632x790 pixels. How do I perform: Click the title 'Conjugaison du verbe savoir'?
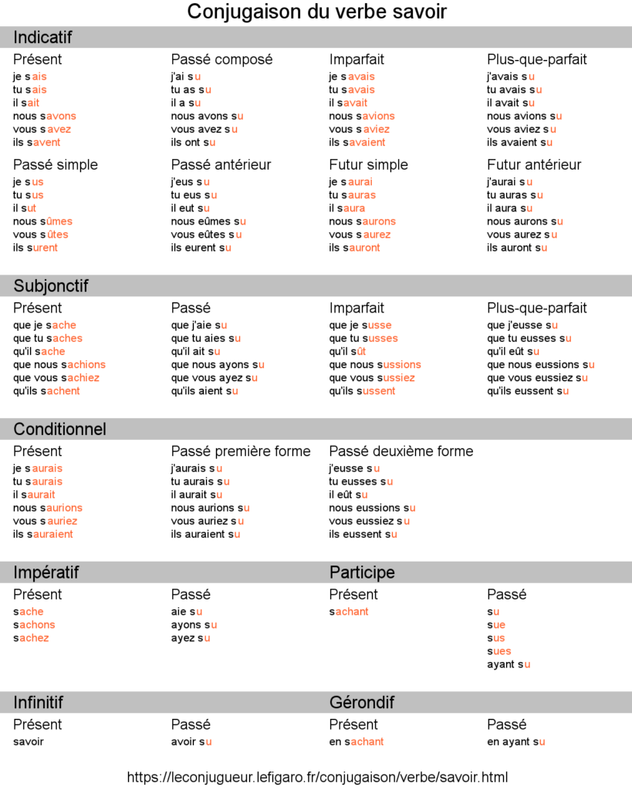(316, 12)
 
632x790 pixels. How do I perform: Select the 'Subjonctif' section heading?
(51, 286)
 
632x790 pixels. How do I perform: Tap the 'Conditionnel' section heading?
(60, 429)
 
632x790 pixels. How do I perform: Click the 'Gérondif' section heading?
(362, 702)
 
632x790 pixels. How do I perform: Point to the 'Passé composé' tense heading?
(221, 59)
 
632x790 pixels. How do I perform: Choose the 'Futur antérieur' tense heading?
(534, 164)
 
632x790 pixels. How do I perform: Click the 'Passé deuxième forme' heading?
(401, 451)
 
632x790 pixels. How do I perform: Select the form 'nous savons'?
(44, 116)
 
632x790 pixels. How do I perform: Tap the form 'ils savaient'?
(357, 142)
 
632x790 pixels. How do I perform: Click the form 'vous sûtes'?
(40, 235)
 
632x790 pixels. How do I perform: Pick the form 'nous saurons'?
(362, 221)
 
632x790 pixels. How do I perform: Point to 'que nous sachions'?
(59, 364)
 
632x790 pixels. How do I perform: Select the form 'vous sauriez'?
(45, 521)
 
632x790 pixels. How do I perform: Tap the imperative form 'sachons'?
(34, 625)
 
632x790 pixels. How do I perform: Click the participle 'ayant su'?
(509, 664)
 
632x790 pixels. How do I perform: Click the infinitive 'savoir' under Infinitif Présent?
(29, 741)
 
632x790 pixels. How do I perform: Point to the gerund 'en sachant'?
(357, 741)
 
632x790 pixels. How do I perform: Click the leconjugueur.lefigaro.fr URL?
(317, 777)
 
